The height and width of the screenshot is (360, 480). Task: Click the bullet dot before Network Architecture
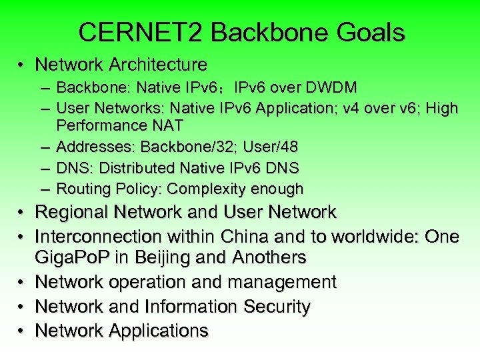(x=23, y=65)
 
